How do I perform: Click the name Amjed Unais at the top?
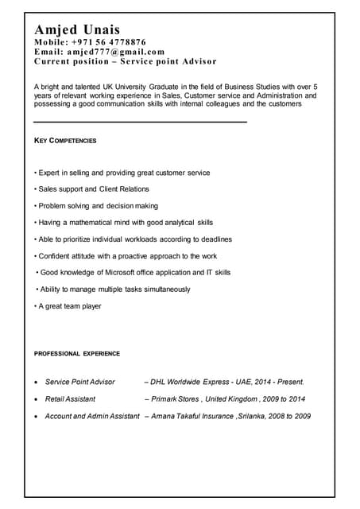pyautogui.click(x=76, y=29)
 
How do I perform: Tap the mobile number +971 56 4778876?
pyautogui.click(x=110, y=42)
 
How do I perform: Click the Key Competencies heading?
pyautogui.click(x=65, y=141)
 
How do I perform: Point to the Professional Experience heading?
pyautogui.click(x=77, y=353)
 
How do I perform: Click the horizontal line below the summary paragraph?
pyautogui.click(x=140, y=122)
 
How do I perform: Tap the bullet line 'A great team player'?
pyautogui.click(x=68, y=306)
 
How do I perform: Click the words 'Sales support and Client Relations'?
pyautogui.click(x=94, y=189)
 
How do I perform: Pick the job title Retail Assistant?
pyautogui.click(x=70, y=399)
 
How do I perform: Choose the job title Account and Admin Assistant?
pyautogui.click(x=92, y=416)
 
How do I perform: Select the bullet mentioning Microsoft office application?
pyautogui.click(x=134, y=273)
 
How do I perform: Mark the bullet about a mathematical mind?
pyautogui.click(x=123, y=223)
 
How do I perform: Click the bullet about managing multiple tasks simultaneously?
pyautogui.click(x=113, y=289)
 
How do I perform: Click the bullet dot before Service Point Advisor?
pyautogui.click(x=36, y=383)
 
